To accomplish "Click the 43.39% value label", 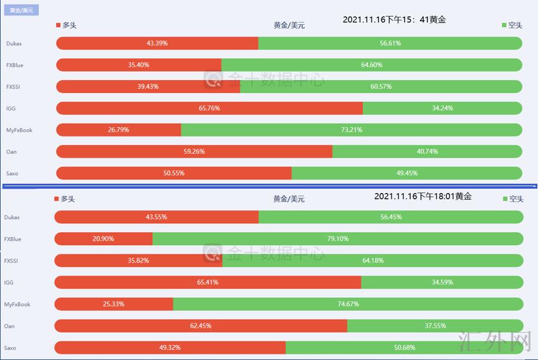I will [157, 43].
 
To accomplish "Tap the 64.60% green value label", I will [372, 65].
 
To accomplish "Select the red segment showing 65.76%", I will [209, 108].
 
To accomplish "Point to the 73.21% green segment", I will [352, 130].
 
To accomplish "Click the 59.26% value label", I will [194, 151].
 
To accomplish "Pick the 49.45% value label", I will [407, 173].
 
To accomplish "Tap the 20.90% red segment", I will [103, 239].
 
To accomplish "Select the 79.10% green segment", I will [338, 239].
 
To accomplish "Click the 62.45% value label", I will [201, 326].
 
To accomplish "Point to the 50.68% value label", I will [404, 348].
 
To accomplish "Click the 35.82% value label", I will [138, 261].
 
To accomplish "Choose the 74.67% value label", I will [348, 304].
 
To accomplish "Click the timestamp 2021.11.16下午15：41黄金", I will [394, 20].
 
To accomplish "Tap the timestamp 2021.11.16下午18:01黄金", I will [422, 196].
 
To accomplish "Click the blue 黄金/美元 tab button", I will [22, 10].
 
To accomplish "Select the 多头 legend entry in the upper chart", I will [66, 25].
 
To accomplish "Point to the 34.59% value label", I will [442, 282].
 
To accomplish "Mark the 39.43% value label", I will [148, 86].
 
